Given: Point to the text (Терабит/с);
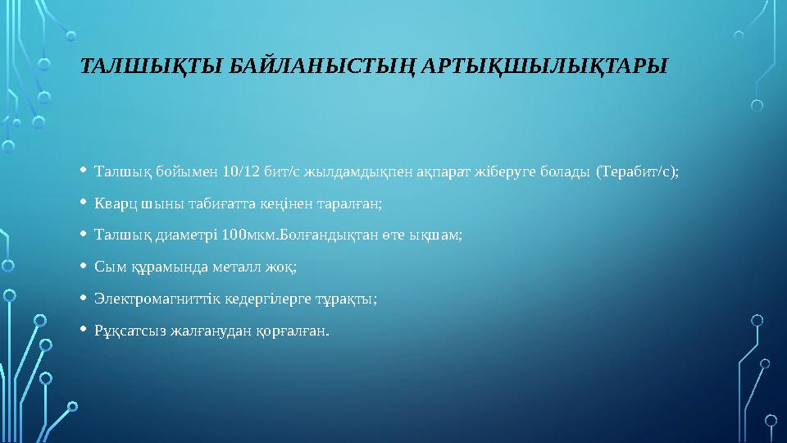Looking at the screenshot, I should (x=637, y=171).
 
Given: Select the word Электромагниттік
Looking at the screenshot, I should (x=148, y=299).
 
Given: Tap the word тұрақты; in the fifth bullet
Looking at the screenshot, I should (x=349, y=299).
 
